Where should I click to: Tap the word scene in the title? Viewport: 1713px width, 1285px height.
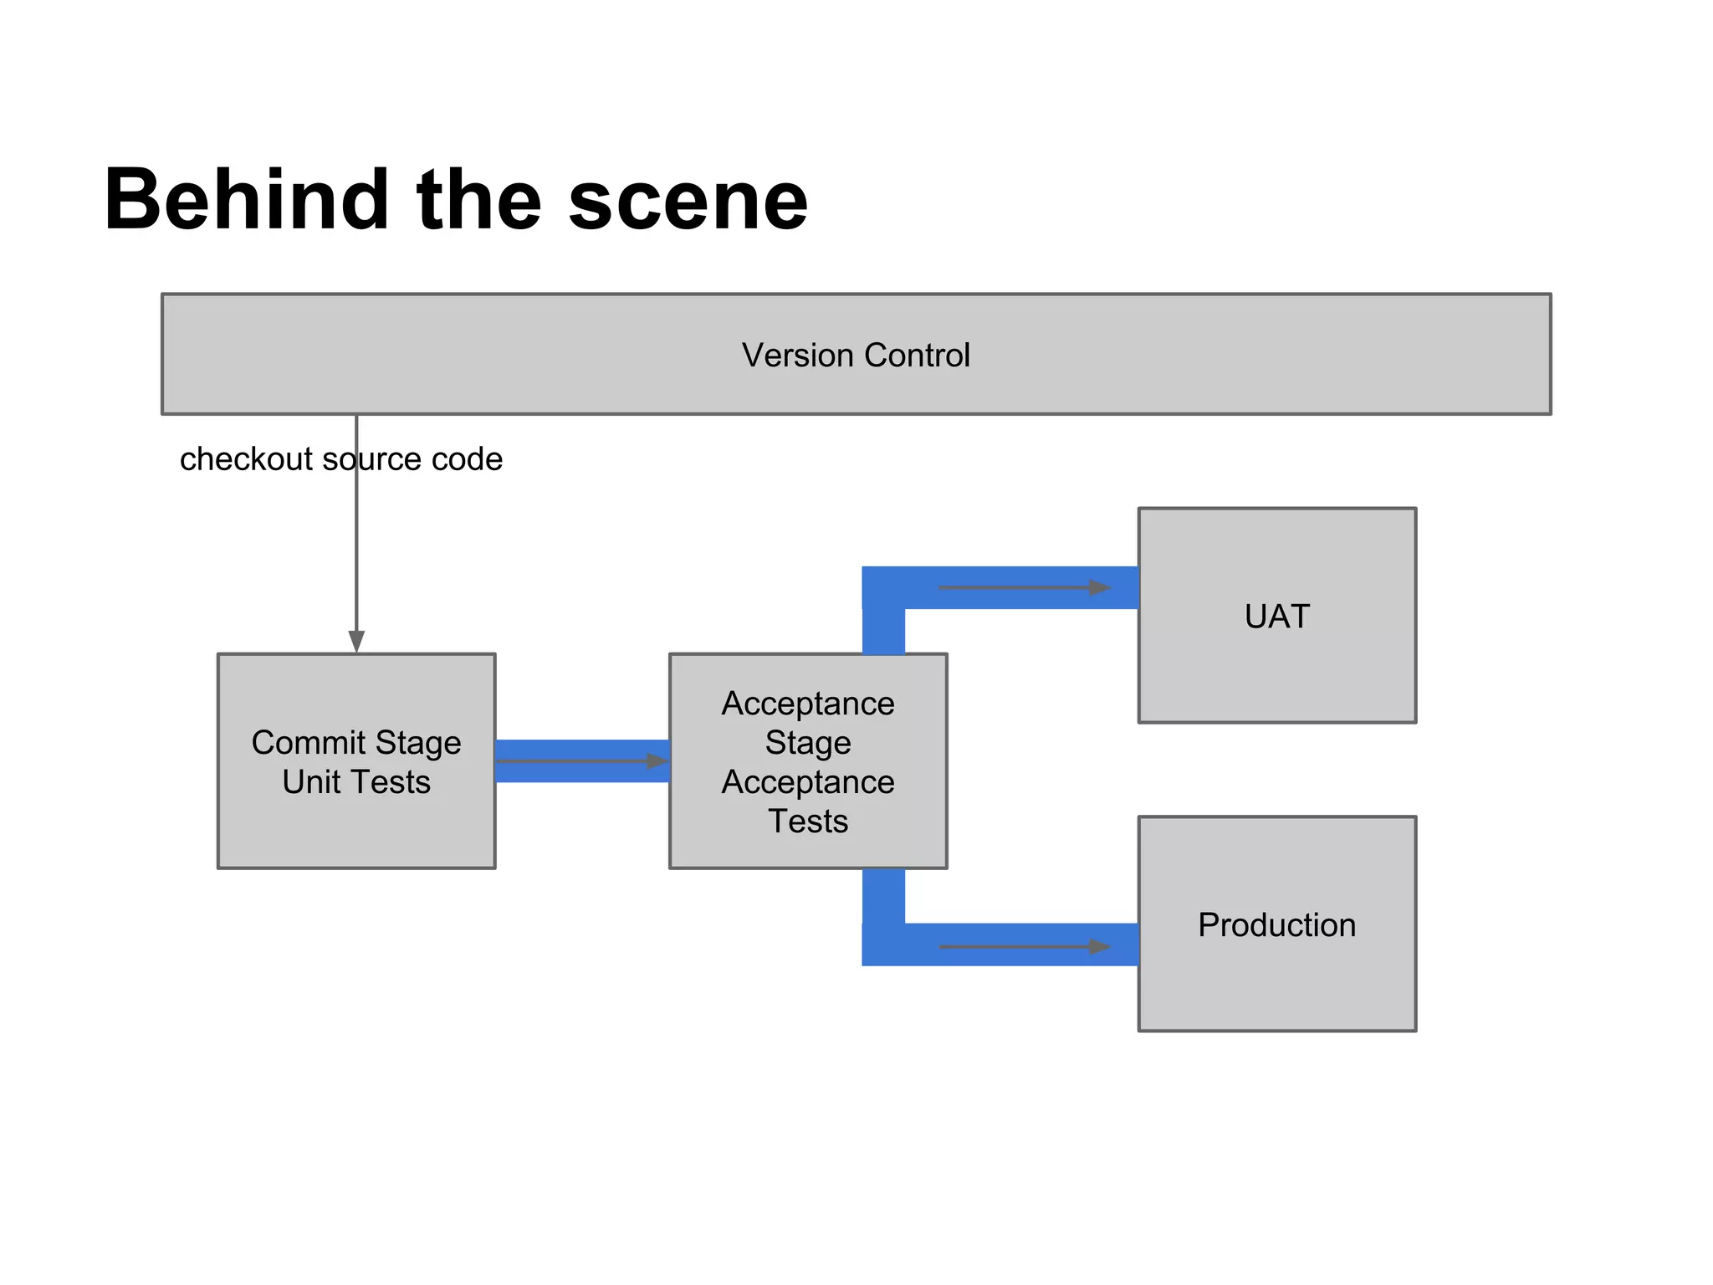tap(688, 201)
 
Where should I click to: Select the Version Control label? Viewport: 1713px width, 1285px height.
tap(856, 355)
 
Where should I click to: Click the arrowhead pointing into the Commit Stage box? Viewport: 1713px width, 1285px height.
tap(356, 641)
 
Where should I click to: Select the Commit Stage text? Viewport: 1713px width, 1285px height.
tap(356, 742)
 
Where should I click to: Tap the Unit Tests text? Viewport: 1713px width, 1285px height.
tap(356, 781)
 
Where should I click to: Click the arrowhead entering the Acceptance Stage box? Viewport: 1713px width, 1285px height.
tap(657, 760)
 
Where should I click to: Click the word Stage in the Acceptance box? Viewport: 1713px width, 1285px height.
tap(808, 742)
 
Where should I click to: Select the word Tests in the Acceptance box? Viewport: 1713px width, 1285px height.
tap(808, 821)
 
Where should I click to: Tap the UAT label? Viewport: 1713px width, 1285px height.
tap(1276, 616)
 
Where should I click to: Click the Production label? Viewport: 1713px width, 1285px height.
tap(1276, 924)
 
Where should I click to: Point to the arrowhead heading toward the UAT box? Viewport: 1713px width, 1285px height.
tap(1099, 587)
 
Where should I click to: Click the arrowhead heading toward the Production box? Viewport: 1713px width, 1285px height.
tap(1099, 947)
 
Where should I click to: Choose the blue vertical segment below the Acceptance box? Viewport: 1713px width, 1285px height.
tap(883, 899)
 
